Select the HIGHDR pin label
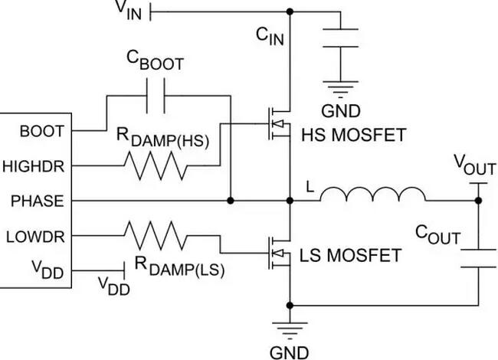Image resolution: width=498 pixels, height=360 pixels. pos(38,165)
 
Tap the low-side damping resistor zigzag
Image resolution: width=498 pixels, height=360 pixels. pos(157,236)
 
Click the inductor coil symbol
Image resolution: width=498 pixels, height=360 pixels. pos(372,195)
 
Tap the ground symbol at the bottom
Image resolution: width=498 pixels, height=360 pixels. pos(291,323)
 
